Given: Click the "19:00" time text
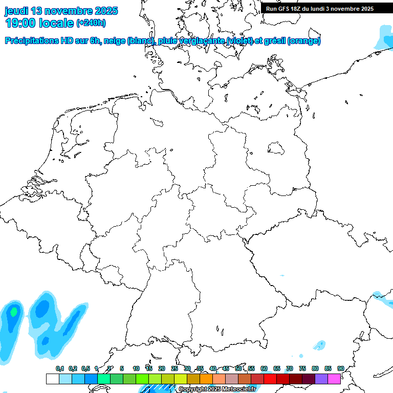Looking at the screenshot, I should click(x=23, y=23).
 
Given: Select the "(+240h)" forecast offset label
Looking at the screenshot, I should click(x=91, y=23).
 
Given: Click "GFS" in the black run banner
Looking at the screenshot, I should click(x=286, y=9).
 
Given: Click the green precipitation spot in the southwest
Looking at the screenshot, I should click(x=14, y=311).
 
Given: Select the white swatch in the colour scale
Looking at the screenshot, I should click(x=52, y=379).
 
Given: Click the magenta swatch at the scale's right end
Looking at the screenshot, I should click(x=334, y=379).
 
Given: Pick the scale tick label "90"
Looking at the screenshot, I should click(x=340, y=368).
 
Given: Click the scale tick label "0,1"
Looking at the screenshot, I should click(x=60, y=368).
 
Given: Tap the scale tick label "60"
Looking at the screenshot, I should click(x=264, y=368).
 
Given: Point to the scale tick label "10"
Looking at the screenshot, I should click(x=136, y=368).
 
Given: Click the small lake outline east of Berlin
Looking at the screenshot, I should click(x=276, y=148).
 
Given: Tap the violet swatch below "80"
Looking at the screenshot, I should click(x=321, y=379).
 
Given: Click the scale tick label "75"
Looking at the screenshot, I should click(x=302, y=368).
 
